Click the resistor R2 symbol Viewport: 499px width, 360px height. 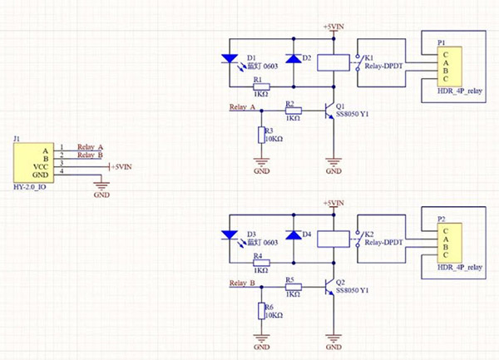pyautogui.click(x=292, y=110)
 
